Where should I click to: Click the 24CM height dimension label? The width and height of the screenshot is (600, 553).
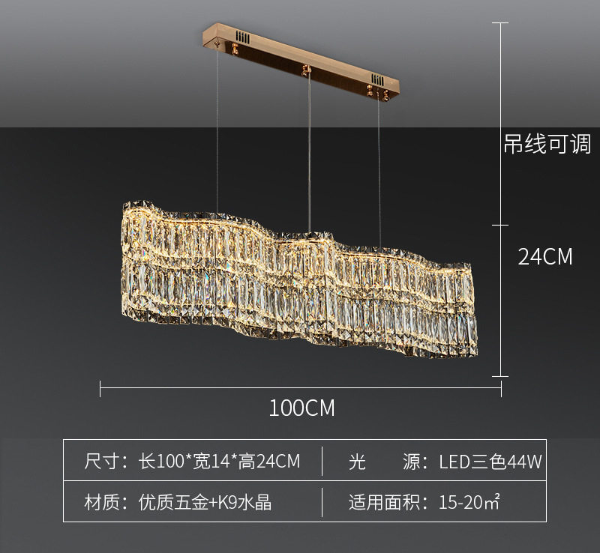pyautogui.click(x=545, y=257)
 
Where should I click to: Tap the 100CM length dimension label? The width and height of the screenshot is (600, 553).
pyautogui.click(x=301, y=408)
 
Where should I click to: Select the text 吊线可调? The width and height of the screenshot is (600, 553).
pyautogui.click(x=547, y=144)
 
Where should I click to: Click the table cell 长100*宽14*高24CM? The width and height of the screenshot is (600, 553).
pyautogui.click(x=220, y=462)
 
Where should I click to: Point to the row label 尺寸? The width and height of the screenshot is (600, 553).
pyautogui.click(x=103, y=462)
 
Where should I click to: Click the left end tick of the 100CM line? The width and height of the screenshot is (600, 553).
pyautogui.click(x=100, y=387)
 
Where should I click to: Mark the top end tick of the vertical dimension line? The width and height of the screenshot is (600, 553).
pyautogui.click(x=500, y=23)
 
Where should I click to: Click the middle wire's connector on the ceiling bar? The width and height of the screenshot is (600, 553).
pyautogui.click(x=305, y=70)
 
